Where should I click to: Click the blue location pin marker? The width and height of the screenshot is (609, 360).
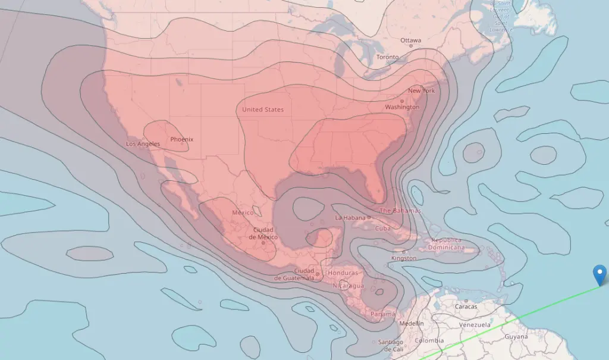point(601,276)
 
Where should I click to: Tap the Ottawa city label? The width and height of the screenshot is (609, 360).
point(410,40)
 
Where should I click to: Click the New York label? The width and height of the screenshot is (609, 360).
point(421,90)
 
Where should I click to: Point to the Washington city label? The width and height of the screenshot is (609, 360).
point(402,107)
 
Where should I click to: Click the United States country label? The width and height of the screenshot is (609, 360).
point(263,109)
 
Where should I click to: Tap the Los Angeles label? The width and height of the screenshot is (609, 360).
point(143,144)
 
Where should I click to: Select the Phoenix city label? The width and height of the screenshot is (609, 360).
point(181,139)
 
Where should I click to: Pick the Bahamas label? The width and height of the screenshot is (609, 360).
point(400,211)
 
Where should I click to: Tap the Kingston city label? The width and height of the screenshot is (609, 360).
point(404,258)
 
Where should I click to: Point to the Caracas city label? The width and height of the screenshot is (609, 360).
point(466,307)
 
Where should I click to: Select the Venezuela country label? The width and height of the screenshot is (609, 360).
point(474,325)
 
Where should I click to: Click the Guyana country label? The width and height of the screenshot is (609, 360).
point(516,337)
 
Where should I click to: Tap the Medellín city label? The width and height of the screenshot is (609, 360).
point(412,323)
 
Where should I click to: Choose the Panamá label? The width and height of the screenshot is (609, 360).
point(382,314)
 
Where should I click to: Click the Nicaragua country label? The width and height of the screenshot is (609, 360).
point(348,286)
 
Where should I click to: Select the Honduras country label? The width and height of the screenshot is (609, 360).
point(343,273)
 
